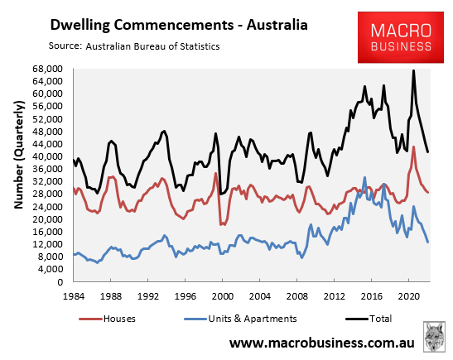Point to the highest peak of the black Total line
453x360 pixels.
click(414, 70)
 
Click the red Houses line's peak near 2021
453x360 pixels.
click(414, 146)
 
